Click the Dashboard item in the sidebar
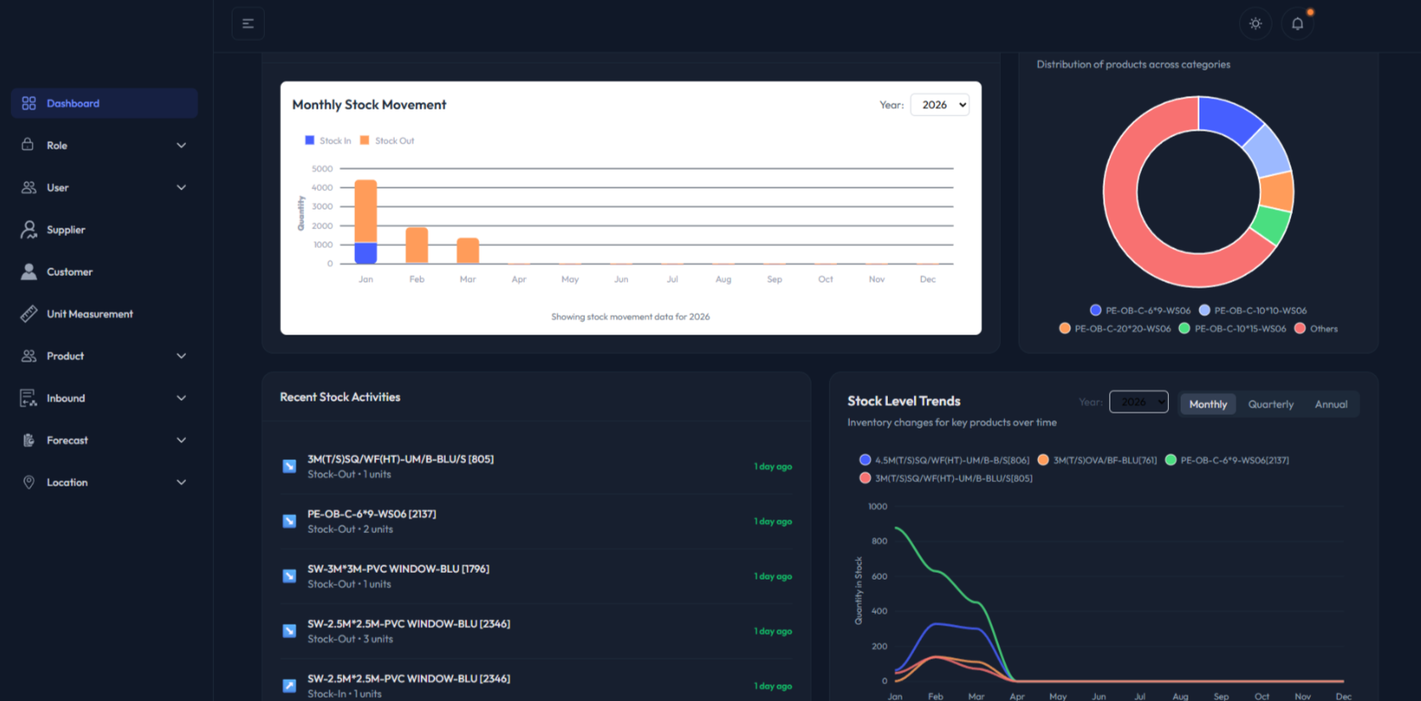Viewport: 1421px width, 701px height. [x=73, y=104]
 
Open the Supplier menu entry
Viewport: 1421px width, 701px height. [x=65, y=230]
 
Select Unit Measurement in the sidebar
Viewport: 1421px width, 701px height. [x=89, y=314]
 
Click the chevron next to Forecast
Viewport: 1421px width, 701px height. [x=181, y=440]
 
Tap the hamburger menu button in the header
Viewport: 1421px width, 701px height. [x=248, y=24]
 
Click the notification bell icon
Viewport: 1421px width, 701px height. [x=1297, y=24]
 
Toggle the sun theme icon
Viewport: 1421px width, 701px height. [x=1255, y=24]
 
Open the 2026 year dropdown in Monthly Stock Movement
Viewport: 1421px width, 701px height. [x=940, y=105]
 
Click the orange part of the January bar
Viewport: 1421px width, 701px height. [x=366, y=210]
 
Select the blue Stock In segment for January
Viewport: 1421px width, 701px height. [x=366, y=253]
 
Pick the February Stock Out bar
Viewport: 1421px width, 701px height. [x=417, y=245]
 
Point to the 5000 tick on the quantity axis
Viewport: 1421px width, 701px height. [x=323, y=169]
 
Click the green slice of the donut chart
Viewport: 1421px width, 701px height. [x=1271, y=225]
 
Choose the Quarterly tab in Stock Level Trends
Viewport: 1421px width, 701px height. [x=1271, y=405]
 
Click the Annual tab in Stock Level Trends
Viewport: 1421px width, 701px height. [x=1331, y=405]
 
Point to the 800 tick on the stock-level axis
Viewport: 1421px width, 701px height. [x=879, y=541]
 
